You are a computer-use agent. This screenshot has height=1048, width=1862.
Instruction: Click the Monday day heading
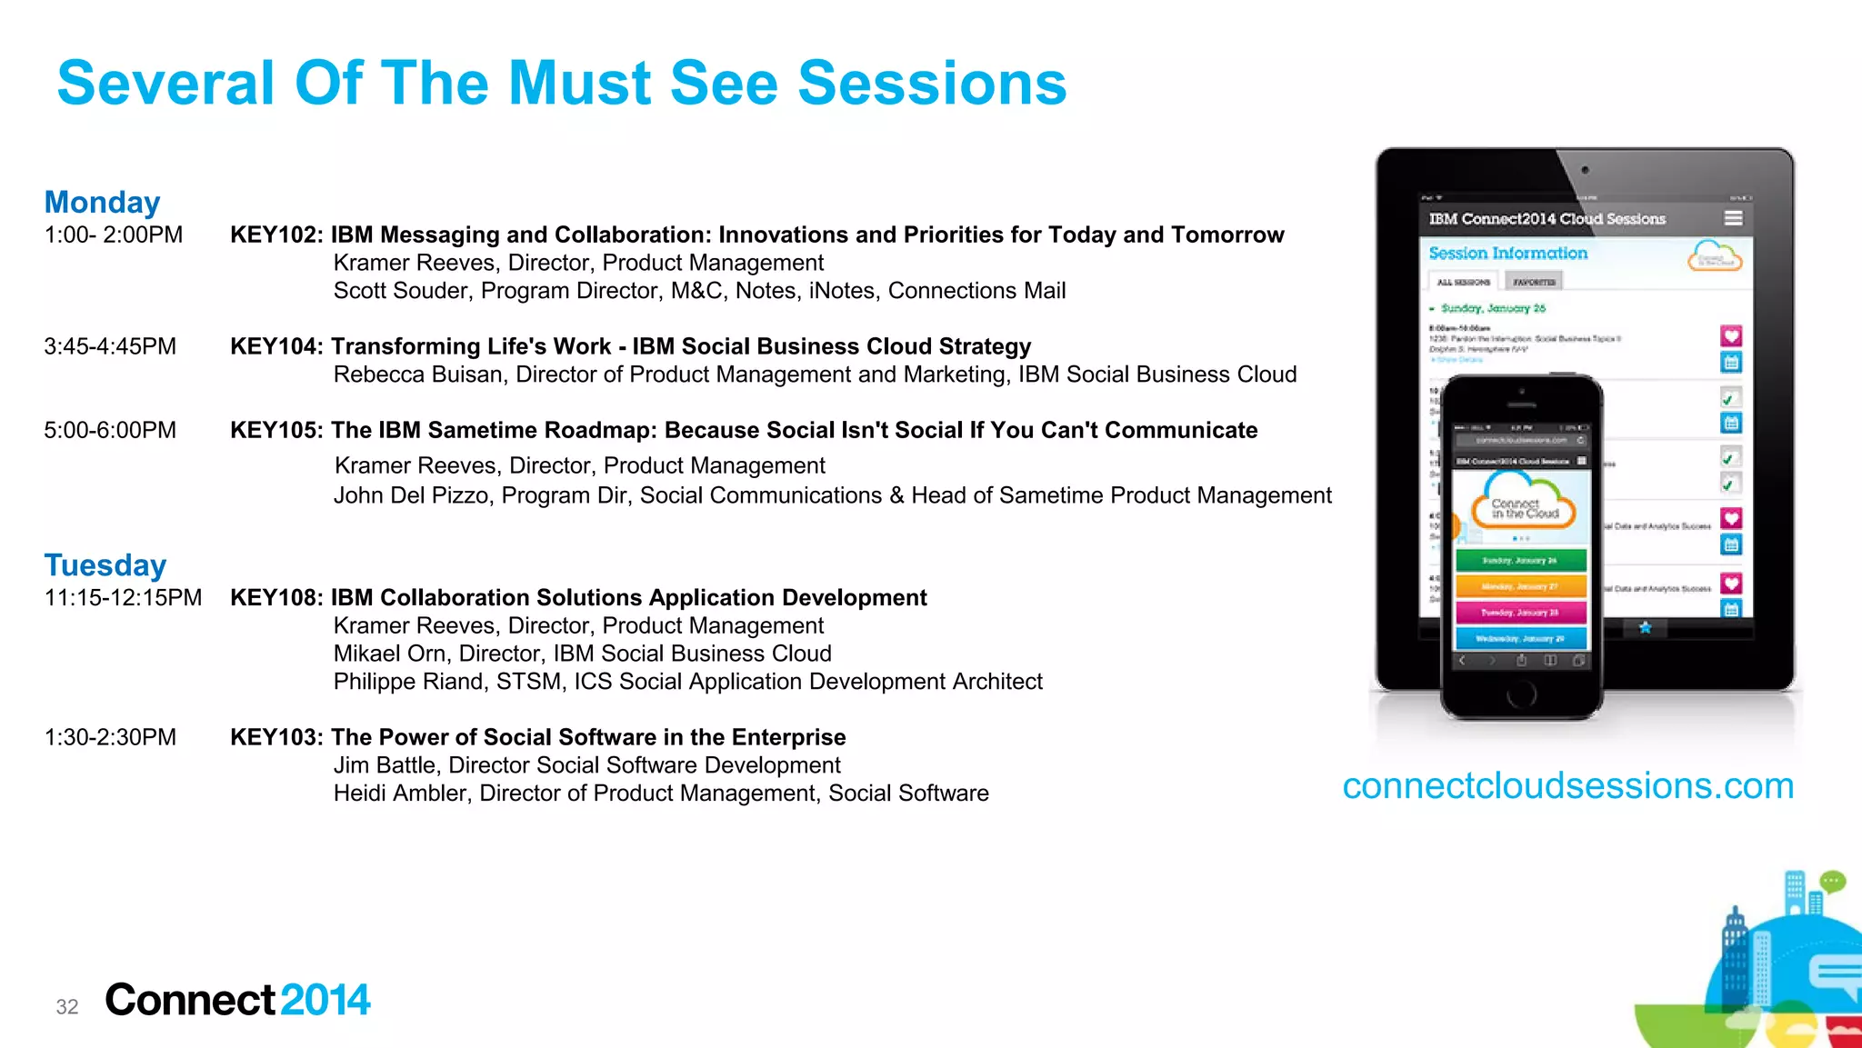pos(102,202)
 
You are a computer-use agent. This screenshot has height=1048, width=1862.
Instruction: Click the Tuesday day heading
pos(105,564)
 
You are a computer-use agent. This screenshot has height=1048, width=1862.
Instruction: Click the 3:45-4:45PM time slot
pos(110,346)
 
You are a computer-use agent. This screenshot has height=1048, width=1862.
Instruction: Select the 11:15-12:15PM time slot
pos(123,597)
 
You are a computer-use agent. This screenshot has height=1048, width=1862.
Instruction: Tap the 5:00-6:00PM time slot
pos(110,430)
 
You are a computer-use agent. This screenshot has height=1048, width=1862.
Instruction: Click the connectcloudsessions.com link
pos(1567,785)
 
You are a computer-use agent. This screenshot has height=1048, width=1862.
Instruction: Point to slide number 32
pos(67,1006)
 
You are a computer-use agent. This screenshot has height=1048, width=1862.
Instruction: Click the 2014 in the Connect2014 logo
pos(325,1000)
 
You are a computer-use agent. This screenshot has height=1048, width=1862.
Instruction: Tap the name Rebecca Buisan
pos(417,374)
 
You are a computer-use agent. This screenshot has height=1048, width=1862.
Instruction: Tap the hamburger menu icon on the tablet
pos(1733,218)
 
